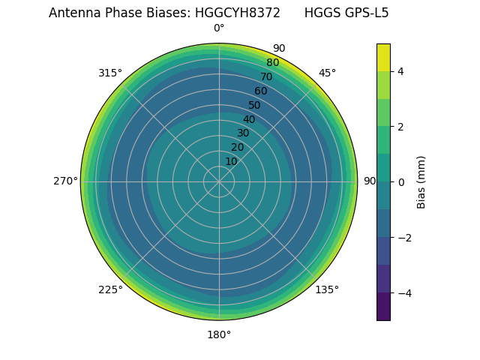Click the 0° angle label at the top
tap(219, 28)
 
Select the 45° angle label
tap(327, 73)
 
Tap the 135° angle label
tap(327, 289)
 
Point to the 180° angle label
tap(219, 334)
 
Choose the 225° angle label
tap(110, 289)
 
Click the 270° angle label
tap(65, 181)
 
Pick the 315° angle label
tap(110, 73)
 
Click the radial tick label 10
tap(231, 161)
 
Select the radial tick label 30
tap(243, 133)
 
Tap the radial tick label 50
tap(255, 105)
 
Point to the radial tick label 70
tap(266, 76)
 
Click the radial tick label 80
tap(272, 63)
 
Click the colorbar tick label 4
tap(401, 72)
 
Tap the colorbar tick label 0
tap(401, 182)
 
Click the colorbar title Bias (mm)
tap(421, 182)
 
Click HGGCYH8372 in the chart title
tap(238, 13)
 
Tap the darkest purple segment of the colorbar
tap(383, 306)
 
